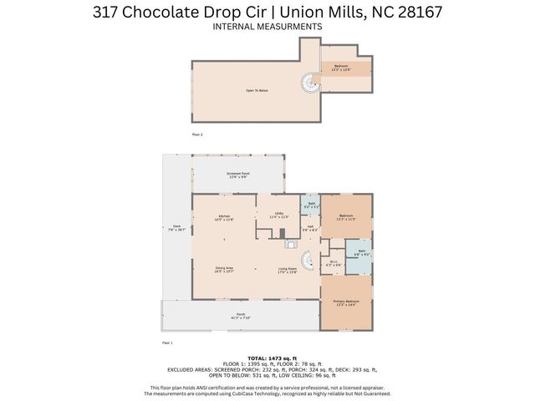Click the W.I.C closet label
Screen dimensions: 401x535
tap(333, 263)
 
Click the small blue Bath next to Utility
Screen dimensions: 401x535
tap(311, 205)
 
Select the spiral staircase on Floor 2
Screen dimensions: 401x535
tap(309, 84)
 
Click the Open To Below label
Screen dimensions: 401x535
tap(257, 90)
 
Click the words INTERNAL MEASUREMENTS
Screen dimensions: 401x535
tap(267, 27)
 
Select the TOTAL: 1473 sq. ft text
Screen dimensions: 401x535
tap(267, 357)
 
